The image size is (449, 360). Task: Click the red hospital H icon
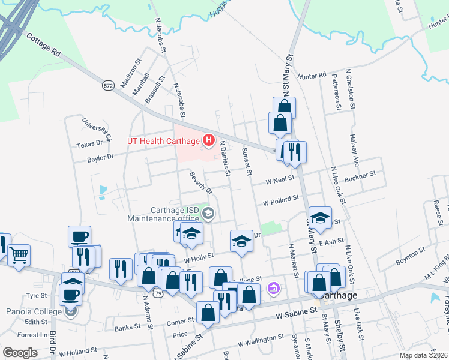209,141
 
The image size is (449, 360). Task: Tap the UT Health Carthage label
163,141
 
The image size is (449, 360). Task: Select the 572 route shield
108,86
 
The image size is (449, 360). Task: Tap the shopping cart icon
19,255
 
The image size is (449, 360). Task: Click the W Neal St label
281,179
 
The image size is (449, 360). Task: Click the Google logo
20,352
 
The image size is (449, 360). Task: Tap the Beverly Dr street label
201,182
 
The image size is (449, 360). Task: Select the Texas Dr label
90,145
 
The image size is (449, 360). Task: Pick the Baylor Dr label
100,158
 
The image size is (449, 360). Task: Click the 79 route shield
158,293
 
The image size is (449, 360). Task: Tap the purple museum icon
274,289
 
